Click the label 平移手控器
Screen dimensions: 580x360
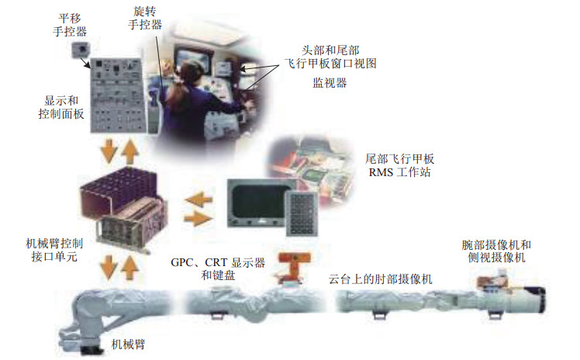(x=73, y=24)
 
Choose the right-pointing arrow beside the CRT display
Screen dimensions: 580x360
(x=198, y=219)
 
